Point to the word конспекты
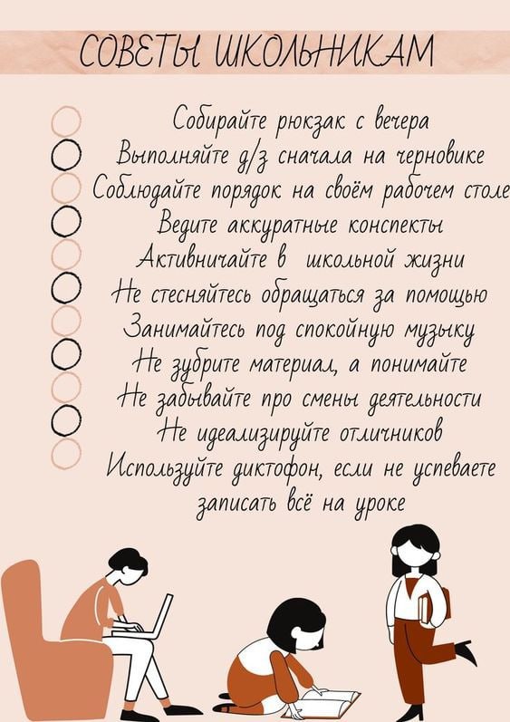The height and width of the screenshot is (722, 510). click(x=396, y=226)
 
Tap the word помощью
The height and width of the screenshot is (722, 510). click(x=446, y=295)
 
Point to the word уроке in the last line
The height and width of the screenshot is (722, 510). click(x=380, y=504)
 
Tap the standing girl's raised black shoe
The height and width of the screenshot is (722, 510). click(x=466, y=652)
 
